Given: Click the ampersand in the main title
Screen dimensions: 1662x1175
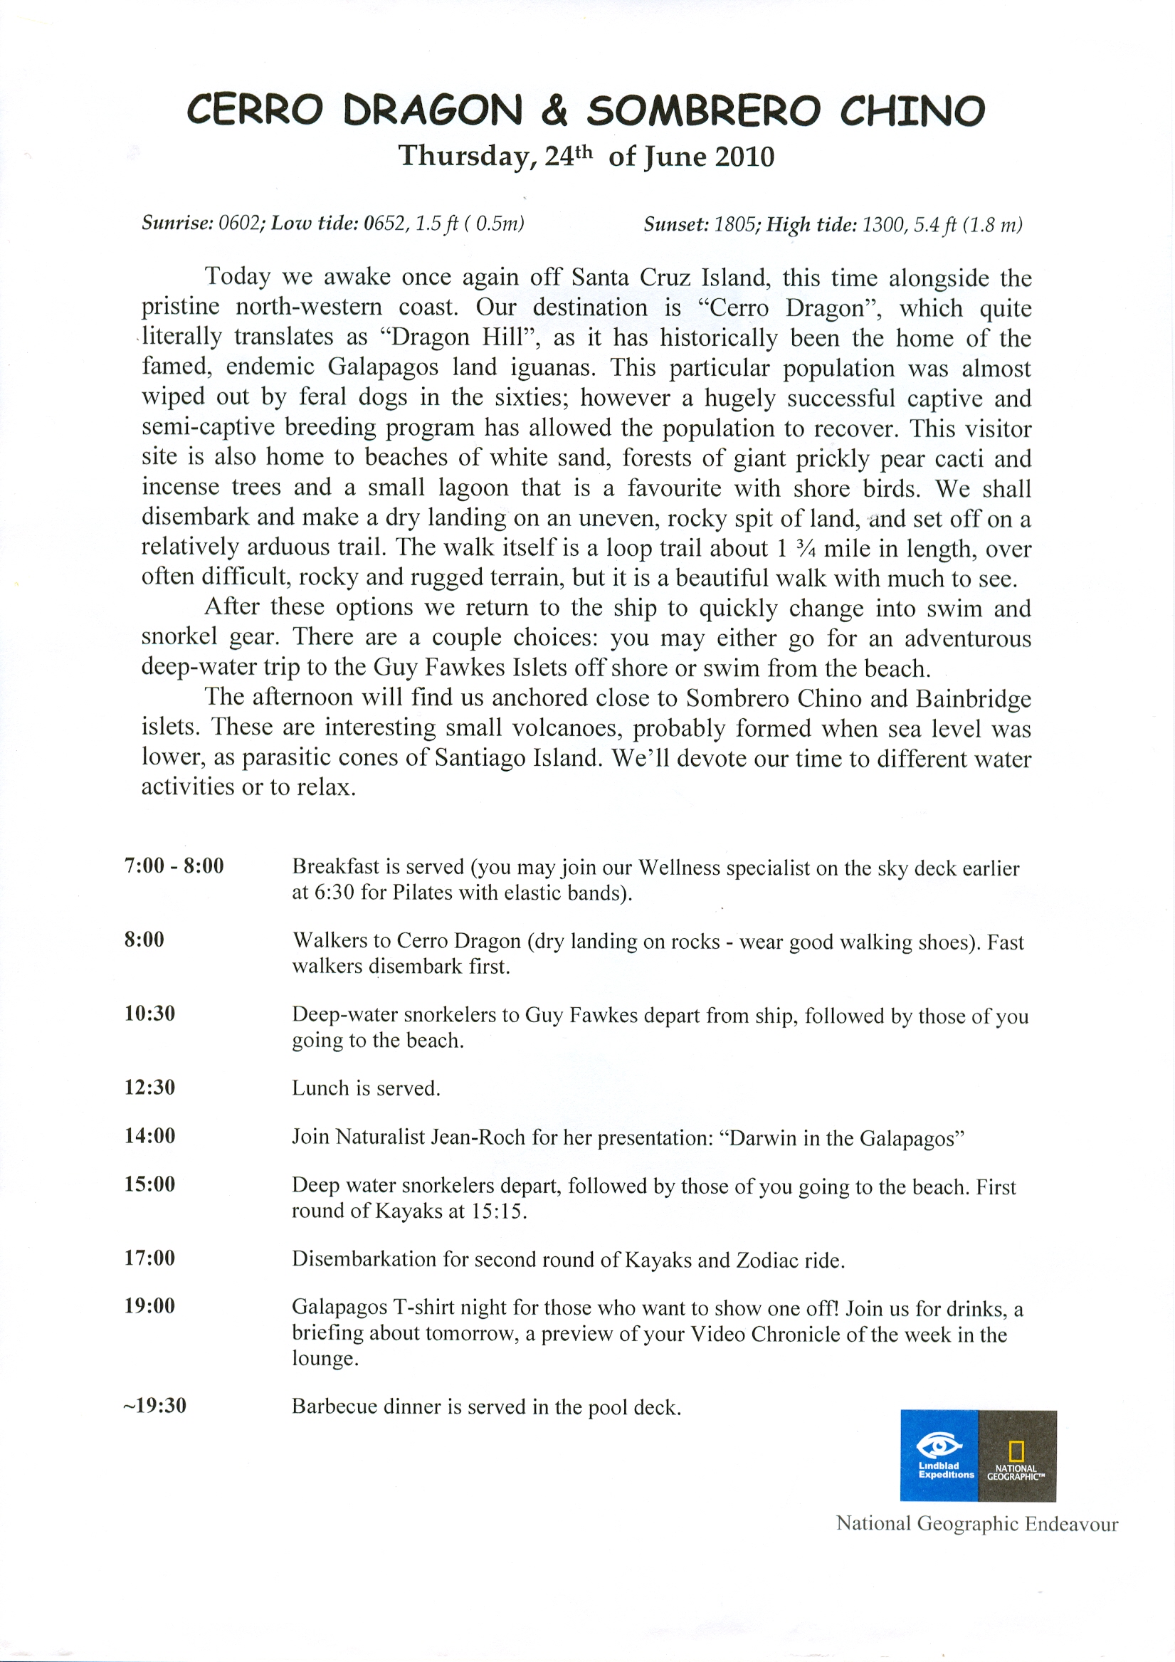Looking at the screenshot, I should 554,112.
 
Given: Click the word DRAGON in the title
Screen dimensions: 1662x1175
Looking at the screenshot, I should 432,111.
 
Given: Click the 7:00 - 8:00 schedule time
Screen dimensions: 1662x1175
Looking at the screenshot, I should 174,866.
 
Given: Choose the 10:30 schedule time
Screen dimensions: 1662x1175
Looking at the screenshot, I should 150,1014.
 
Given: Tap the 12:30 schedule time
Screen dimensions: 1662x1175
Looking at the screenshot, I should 150,1088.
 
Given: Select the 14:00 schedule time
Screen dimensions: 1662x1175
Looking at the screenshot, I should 150,1136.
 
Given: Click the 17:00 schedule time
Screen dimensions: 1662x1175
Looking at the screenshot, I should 150,1258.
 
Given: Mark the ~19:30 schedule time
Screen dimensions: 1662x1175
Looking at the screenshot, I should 155,1406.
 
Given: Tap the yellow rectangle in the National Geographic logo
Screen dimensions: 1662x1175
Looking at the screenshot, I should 1016,1450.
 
